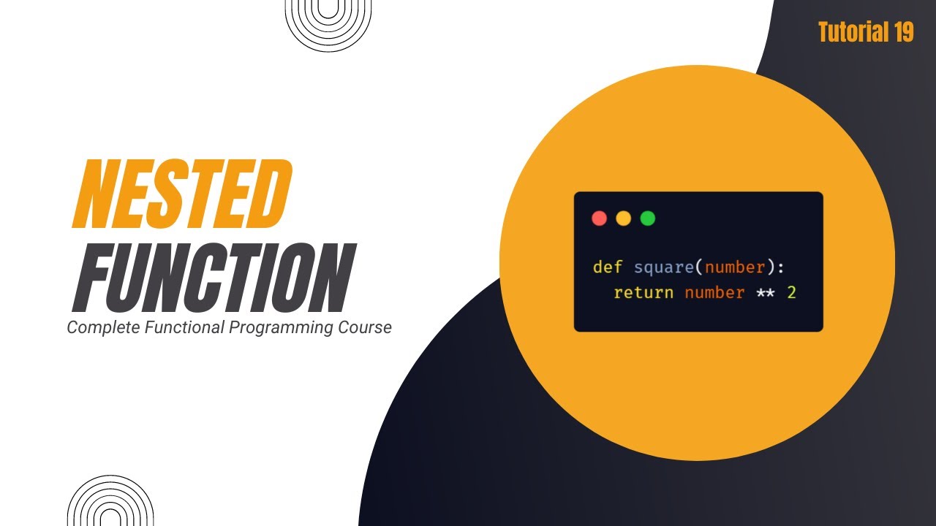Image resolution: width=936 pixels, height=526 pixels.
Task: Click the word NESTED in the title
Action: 181,195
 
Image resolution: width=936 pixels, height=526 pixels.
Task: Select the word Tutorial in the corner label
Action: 842,32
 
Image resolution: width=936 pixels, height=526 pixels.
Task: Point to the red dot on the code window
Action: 599,218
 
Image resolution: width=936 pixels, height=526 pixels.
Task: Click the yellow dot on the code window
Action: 623,218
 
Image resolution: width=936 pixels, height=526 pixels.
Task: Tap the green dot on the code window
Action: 647,218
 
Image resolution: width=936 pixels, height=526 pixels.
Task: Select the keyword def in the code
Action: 607,267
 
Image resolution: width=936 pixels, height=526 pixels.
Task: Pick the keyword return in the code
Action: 643,293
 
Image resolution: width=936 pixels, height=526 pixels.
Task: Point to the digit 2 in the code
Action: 791,293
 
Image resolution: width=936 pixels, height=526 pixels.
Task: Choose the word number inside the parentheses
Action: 734,267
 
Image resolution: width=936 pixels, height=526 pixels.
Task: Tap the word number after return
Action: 714,293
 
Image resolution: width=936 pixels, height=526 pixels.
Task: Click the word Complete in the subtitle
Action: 103,328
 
